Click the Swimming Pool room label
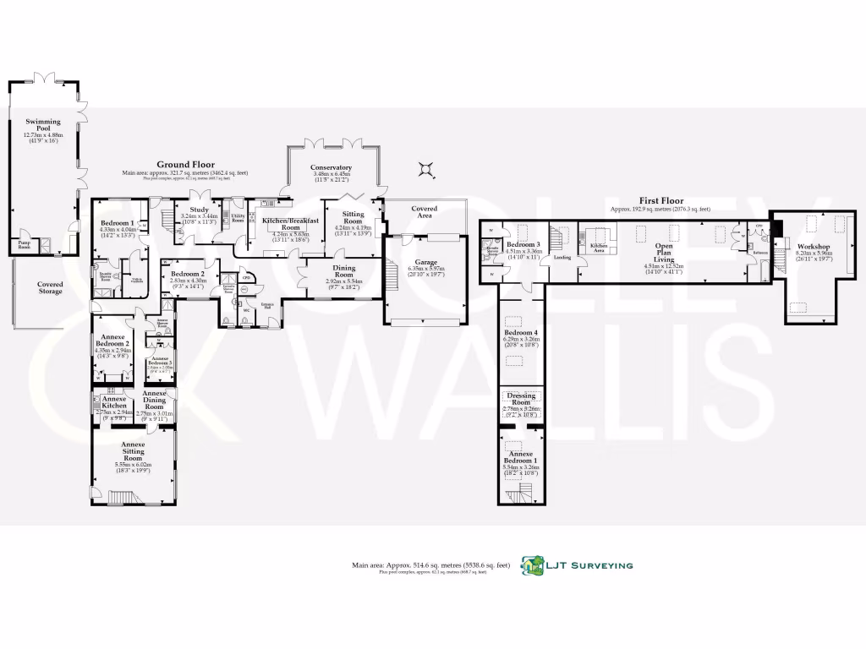pos(43,127)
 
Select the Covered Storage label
pos(50,288)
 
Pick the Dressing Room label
pos(521,399)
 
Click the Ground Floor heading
pos(185,165)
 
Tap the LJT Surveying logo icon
pos(532,564)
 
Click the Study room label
pos(200,210)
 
